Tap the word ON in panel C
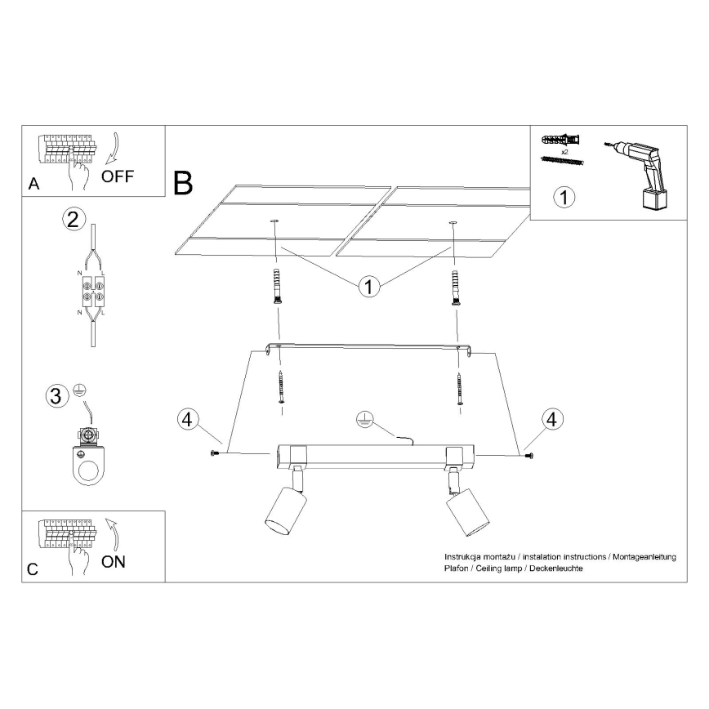(x=114, y=561)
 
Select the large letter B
(x=184, y=183)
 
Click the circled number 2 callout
(x=74, y=219)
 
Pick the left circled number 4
(x=188, y=420)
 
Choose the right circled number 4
(x=553, y=420)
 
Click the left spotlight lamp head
(x=283, y=512)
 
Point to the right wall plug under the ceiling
(x=453, y=287)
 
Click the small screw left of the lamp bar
(x=216, y=453)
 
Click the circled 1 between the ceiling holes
(x=368, y=287)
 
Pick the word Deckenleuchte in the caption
(x=555, y=568)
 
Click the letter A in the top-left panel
(x=33, y=185)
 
